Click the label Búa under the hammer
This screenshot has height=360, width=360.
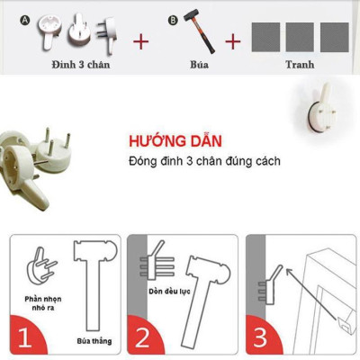(x=200, y=66)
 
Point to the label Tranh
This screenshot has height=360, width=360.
(x=300, y=66)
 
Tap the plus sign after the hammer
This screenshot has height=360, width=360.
(x=233, y=40)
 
